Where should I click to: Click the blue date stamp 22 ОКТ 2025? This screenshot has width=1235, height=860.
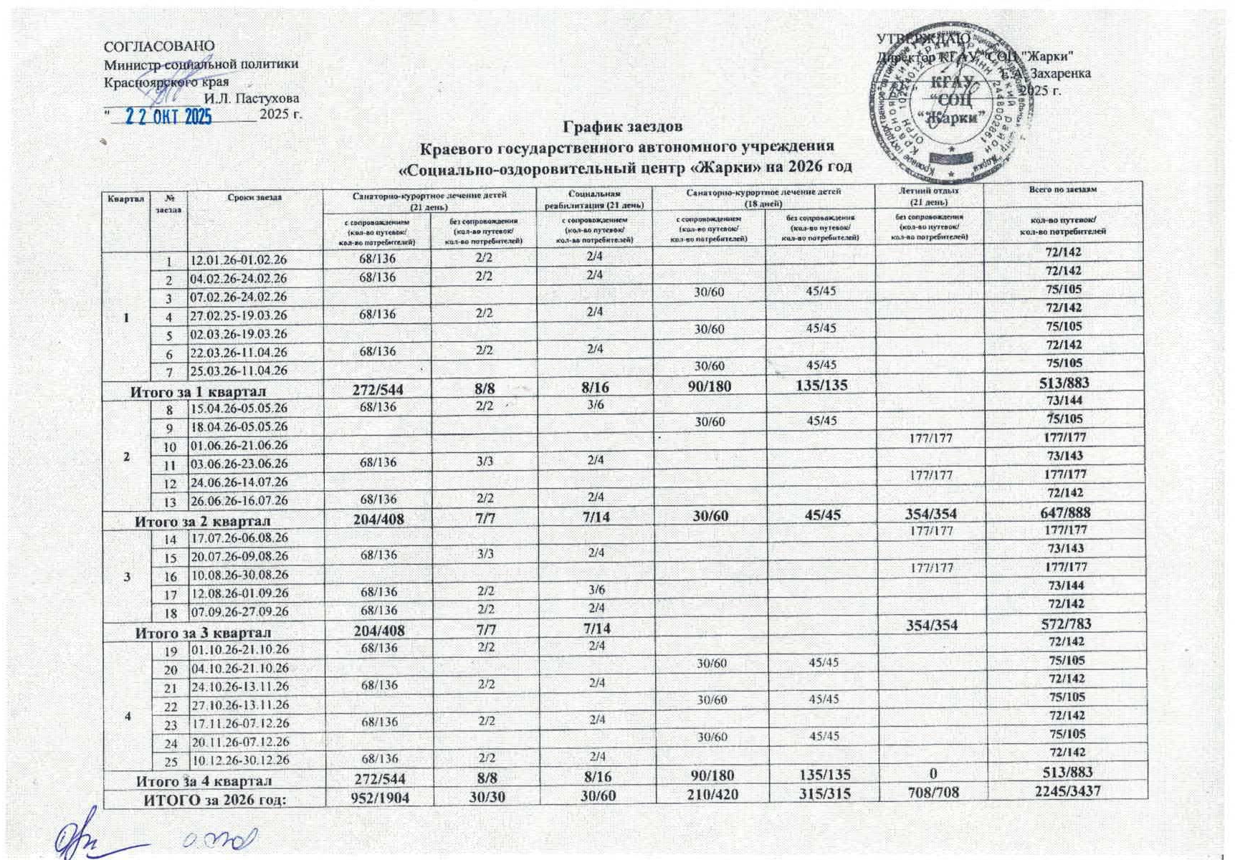[169, 116]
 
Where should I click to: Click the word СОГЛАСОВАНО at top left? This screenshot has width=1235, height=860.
[159, 47]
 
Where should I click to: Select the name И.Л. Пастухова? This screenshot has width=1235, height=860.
[252, 98]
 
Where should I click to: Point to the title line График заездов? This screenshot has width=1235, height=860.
[622, 127]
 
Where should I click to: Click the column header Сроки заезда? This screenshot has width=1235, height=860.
[254, 197]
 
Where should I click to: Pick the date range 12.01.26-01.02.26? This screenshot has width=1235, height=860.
[238, 260]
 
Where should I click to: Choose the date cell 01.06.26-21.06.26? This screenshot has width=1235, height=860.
[238, 446]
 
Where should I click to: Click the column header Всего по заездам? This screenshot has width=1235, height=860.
[1062, 189]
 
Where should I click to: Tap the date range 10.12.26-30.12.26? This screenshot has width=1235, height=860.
[239, 760]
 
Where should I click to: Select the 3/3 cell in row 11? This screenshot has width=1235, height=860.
[485, 462]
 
